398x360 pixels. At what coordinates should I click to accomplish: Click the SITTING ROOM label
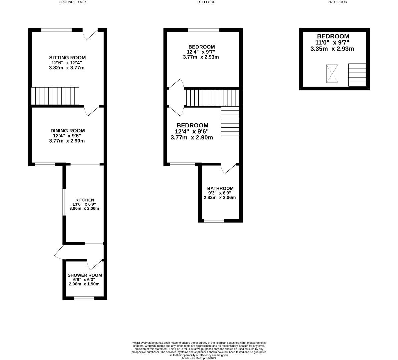[67, 58]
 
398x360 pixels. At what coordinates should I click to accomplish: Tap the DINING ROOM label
[67, 131]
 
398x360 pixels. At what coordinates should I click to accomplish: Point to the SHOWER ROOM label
[85, 275]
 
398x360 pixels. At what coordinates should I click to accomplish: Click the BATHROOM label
[220, 188]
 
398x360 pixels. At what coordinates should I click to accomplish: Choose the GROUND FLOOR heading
[72, 2]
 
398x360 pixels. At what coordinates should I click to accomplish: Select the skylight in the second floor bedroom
[332, 74]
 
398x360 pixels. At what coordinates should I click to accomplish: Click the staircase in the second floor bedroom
[357, 75]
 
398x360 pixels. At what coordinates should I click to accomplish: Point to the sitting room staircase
[55, 96]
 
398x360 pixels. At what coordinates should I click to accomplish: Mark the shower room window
[82, 298]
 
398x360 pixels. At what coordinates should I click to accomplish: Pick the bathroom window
[214, 220]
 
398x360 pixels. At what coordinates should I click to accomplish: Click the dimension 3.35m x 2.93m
[332, 49]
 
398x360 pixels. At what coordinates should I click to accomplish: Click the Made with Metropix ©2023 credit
[199, 358]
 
